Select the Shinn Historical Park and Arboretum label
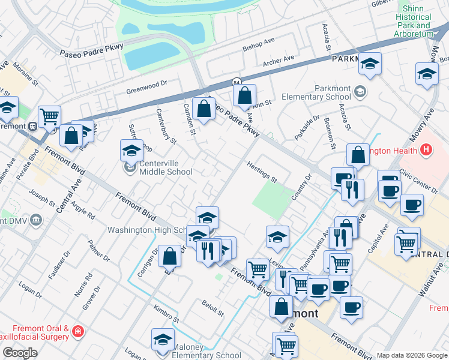[x=414, y=22]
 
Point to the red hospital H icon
[x=426, y=150]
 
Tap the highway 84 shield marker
[x=237, y=82]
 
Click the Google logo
[x=20, y=353]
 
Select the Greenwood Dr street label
[x=146, y=88]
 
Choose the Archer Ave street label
[x=279, y=61]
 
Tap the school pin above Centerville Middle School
[x=131, y=152]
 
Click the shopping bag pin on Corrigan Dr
[x=170, y=256]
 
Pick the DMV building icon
[x=36, y=220]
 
